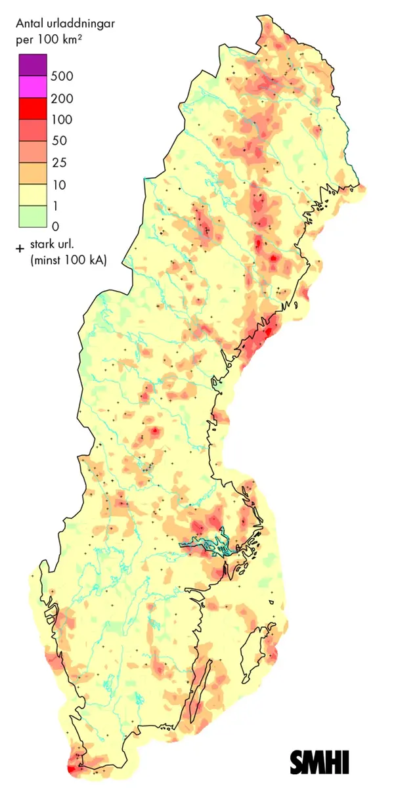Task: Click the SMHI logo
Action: pos(320,762)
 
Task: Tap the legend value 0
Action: pos(56,227)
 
